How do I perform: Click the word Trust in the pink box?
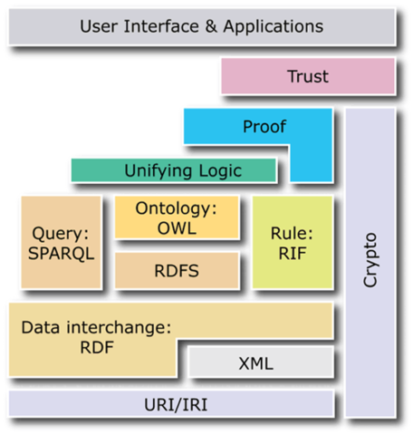[x=308, y=77]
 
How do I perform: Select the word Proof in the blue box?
[x=264, y=126]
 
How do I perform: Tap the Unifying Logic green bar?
[x=174, y=169]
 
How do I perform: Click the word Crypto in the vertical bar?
[x=370, y=261]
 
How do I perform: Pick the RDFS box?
[x=177, y=270]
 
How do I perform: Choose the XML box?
[x=255, y=363]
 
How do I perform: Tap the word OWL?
[x=177, y=227]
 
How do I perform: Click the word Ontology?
[x=177, y=208]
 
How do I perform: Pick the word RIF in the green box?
[x=286, y=251]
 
